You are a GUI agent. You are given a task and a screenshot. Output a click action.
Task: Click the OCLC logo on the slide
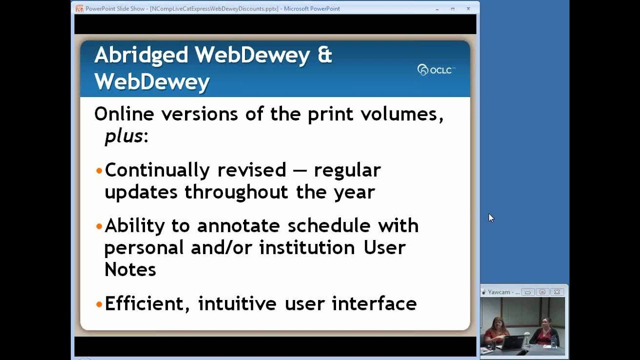[x=436, y=70]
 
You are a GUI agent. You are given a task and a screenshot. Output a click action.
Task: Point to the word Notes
[x=130, y=270]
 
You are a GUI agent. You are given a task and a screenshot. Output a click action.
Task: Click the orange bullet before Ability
[x=99, y=226]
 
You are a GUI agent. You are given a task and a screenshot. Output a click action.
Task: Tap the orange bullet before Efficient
[x=99, y=304]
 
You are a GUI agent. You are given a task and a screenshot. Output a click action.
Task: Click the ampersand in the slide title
[x=324, y=55]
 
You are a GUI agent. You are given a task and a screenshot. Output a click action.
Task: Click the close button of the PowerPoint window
[x=468, y=8]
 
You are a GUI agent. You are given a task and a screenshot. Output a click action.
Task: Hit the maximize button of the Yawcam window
[x=542, y=292]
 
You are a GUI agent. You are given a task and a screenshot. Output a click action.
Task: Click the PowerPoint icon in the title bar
[x=79, y=8]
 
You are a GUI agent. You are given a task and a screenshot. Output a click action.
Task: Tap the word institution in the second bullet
[x=305, y=248]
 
